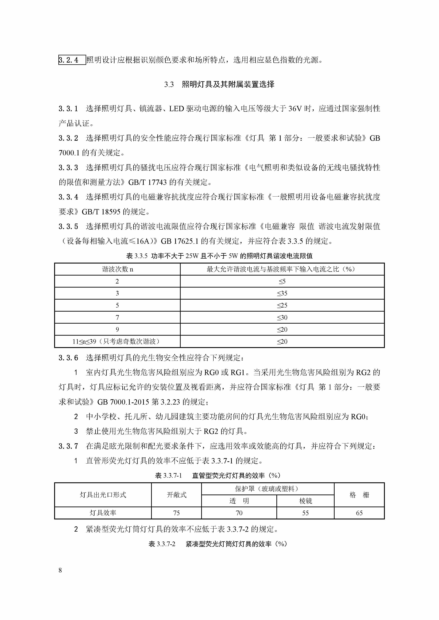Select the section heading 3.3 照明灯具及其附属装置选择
(x=219, y=84)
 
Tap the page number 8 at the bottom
(x=60, y=570)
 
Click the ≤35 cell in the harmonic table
(x=282, y=293)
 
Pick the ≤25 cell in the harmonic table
(x=282, y=305)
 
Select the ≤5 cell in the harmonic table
(x=282, y=281)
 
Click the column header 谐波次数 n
(x=117, y=269)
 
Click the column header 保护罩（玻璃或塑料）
(x=267, y=489)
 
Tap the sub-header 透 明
(x=239, y=501)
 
